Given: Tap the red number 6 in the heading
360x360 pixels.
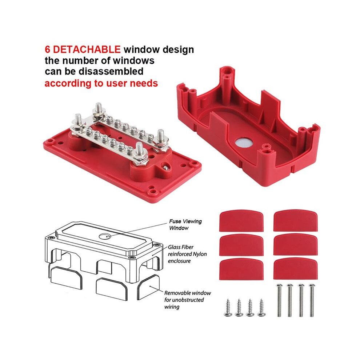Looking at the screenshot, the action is tap(48, 49).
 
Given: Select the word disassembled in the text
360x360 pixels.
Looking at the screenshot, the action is tap(111, 71).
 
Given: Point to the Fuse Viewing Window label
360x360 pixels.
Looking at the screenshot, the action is tap(185, 224).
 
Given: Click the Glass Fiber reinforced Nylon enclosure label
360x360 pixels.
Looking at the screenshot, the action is tap(187, 254).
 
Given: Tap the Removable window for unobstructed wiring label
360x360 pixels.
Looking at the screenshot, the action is tap(187, 300).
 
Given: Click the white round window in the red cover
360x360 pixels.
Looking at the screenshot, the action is tap(244, 143).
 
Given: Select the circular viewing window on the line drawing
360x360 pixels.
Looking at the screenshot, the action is tap(105, 236).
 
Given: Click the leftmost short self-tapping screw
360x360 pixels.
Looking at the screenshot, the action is tap(228, 308).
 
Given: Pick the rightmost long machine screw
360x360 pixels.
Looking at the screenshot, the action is tap(312, 300).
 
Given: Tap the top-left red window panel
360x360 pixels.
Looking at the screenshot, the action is tap(241, 221).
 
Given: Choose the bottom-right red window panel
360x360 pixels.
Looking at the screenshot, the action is tap(296, 269).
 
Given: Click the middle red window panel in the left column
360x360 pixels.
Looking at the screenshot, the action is tap(241, 245).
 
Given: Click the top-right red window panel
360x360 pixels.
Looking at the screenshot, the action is tap(296, 221).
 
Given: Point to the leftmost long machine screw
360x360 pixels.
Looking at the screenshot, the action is tap(279, 300).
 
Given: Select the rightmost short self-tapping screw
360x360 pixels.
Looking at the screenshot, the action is tap(261, 308).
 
